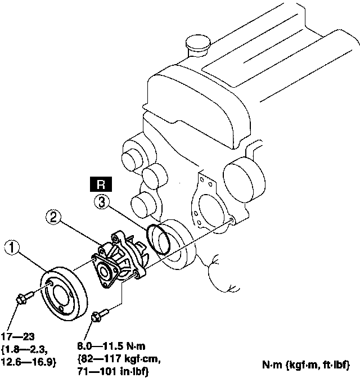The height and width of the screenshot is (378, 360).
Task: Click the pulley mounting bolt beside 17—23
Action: click(x=22, y=299)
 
